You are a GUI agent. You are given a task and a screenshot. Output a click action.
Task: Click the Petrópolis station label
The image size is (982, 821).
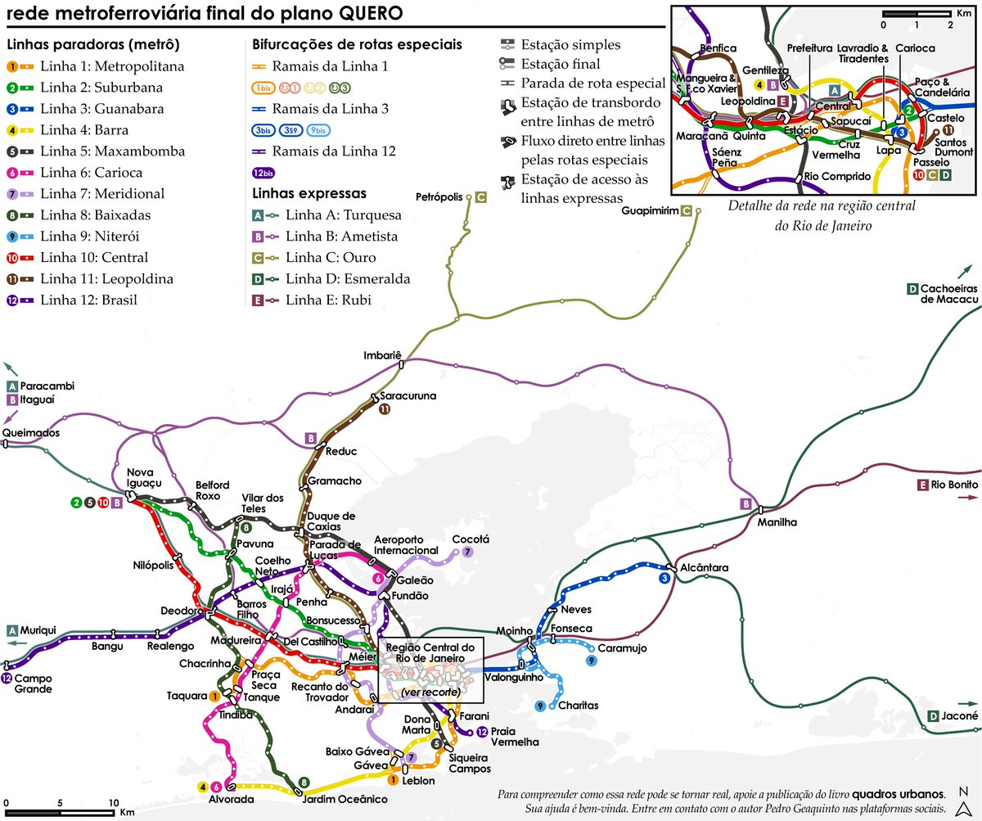point(439,197)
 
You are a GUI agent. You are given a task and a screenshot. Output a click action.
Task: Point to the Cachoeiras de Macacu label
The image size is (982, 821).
point(949,294)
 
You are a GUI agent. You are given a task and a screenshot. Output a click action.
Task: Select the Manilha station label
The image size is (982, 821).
point(776,521)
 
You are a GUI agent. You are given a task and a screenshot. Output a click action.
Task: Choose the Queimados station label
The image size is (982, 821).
point(31,433)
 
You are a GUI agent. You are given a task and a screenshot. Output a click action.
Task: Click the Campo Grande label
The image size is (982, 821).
point(34,683)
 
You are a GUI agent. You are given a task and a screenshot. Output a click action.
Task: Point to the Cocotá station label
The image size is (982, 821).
point(470,539)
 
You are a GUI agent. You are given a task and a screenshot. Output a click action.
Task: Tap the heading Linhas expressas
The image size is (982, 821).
point(309,193)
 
